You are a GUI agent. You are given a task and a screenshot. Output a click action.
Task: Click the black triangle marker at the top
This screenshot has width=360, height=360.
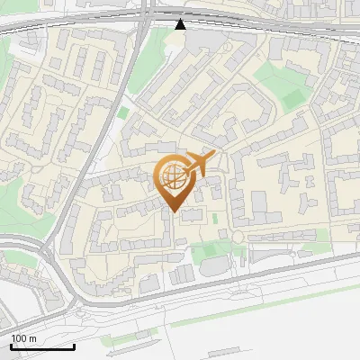[181, 23]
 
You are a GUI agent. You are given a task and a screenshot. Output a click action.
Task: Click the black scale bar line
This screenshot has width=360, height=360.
[42, 346]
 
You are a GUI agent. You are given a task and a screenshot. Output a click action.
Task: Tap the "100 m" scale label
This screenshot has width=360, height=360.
[24, 338]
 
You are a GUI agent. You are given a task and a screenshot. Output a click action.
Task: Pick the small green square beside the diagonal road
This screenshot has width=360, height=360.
[123, 112]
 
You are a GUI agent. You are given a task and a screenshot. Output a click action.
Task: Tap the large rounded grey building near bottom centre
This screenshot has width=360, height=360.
[214, 265]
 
